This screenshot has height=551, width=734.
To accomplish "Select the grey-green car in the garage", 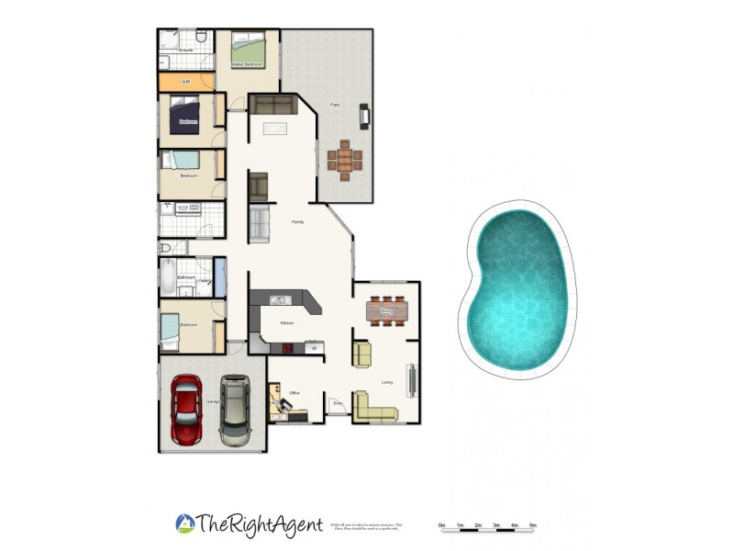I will pos(234,410).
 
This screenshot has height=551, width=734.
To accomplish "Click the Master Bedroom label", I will pos(247,65).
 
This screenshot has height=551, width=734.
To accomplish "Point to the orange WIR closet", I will pos(186,82).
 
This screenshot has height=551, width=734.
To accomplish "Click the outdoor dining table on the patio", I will pos(344,159).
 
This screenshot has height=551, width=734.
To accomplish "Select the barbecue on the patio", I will pos(365,115).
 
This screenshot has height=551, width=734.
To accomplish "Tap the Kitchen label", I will pos(287,323).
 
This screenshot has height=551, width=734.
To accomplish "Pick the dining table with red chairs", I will pos(386,310).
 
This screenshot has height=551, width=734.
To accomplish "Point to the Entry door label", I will pos(337,401).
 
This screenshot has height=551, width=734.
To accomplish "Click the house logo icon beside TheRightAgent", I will pos(184,523).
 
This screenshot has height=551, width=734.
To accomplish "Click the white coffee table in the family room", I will pos(275,128).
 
